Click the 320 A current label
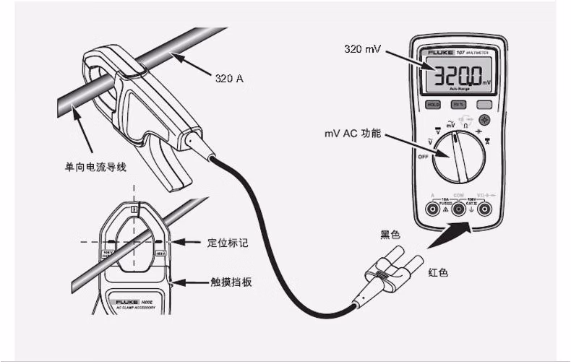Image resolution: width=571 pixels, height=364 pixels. pos(229,77)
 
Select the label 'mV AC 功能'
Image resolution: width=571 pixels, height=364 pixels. pos(352,134)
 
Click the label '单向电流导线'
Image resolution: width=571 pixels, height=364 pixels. pos(96,167)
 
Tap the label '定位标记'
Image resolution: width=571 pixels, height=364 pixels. pos(228,243)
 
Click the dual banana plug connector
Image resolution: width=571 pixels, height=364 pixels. pos(390,266)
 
